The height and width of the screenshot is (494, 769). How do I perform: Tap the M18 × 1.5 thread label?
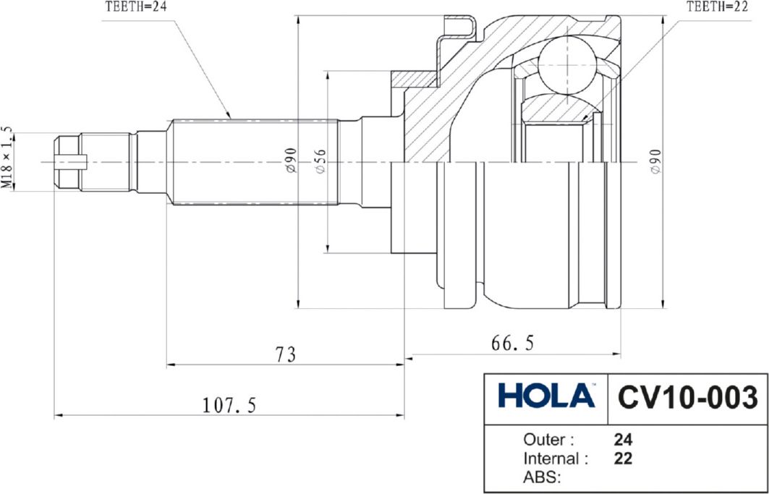[x=7, y=158]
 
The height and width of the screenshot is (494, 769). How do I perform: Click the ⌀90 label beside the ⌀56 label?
[x=289, y=161]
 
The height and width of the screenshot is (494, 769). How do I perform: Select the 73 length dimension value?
[x=286, y=354]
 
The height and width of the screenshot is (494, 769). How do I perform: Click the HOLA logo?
[x=546, y=397]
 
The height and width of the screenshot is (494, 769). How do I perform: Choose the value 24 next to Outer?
[x=622, y=439]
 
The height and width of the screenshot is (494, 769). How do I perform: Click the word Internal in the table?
[x=555, y=458]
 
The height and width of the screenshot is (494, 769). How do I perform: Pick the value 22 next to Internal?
[x=622, y=458]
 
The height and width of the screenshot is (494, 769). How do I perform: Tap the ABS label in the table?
[x=542, y=477]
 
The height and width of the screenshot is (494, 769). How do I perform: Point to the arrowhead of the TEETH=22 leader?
[x=584, y=120]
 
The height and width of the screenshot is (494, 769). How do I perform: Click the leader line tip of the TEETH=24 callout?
[x=230, y=117]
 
